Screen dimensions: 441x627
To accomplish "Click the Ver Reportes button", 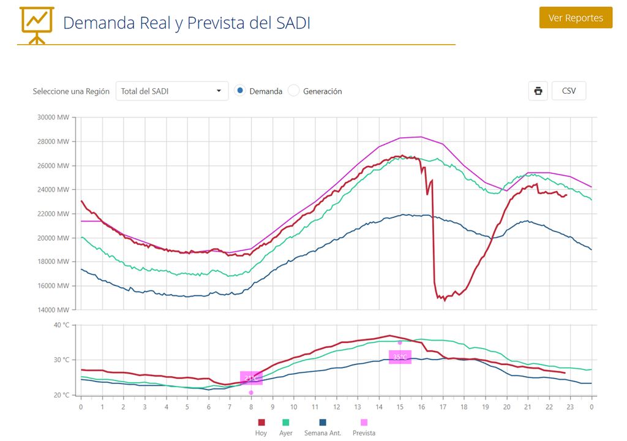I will coord(576,18).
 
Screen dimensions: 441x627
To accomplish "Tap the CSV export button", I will coord(568,91).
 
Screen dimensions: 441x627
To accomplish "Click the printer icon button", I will coord(538,91).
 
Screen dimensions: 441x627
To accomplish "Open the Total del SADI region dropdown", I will coord(171,91).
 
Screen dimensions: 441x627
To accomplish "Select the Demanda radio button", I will coord(240,91).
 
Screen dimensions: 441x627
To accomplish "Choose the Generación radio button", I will coord(294,91).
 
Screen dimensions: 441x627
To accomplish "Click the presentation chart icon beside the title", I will coord(37,24).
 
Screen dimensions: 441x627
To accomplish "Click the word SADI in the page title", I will coord(290,23).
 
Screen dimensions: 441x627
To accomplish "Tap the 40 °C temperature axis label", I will coord(61,325).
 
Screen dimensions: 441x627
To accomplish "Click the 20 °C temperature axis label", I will coord(61,395).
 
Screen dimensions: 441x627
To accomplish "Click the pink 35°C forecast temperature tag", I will coord(400,357).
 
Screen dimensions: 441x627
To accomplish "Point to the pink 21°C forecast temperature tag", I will coord(251,379).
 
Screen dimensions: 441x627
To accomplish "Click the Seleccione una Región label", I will coord(71,91).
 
